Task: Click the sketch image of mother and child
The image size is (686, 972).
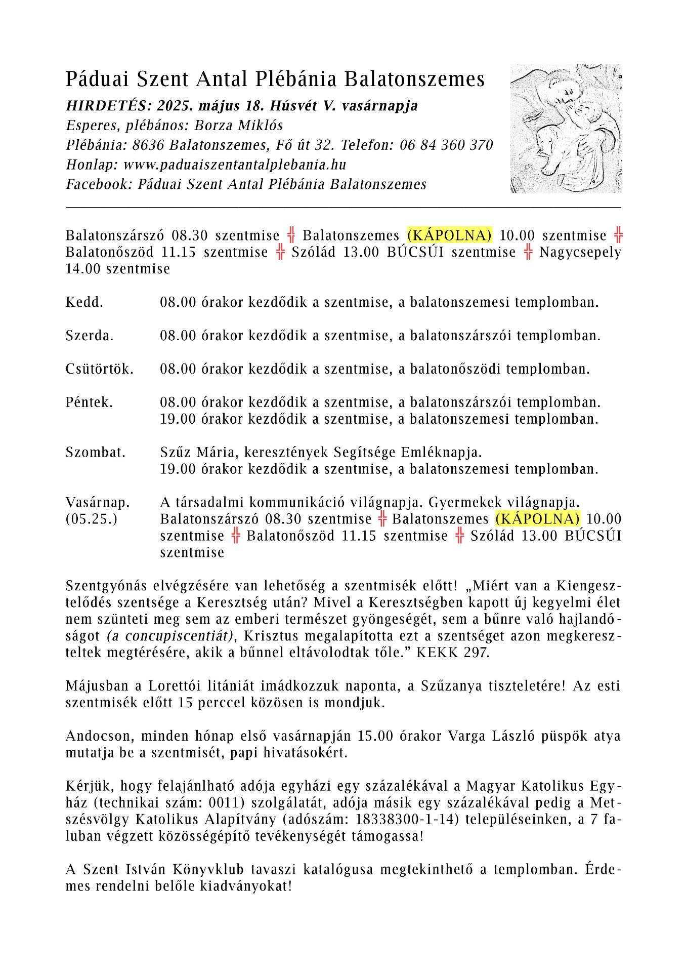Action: [566, 128]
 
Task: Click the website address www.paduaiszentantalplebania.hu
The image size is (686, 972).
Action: [235, 165]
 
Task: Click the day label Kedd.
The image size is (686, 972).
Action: [84, 303]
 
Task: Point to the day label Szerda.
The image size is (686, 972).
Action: [90, 336]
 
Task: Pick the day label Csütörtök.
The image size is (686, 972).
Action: [99, 369]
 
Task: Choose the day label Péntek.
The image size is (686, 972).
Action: [89, 402]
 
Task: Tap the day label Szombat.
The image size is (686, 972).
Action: [95, 452]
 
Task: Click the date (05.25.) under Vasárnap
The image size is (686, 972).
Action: [91, 519]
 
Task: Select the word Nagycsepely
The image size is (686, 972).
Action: [580, 252]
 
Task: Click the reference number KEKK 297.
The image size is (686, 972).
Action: [452, 652]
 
